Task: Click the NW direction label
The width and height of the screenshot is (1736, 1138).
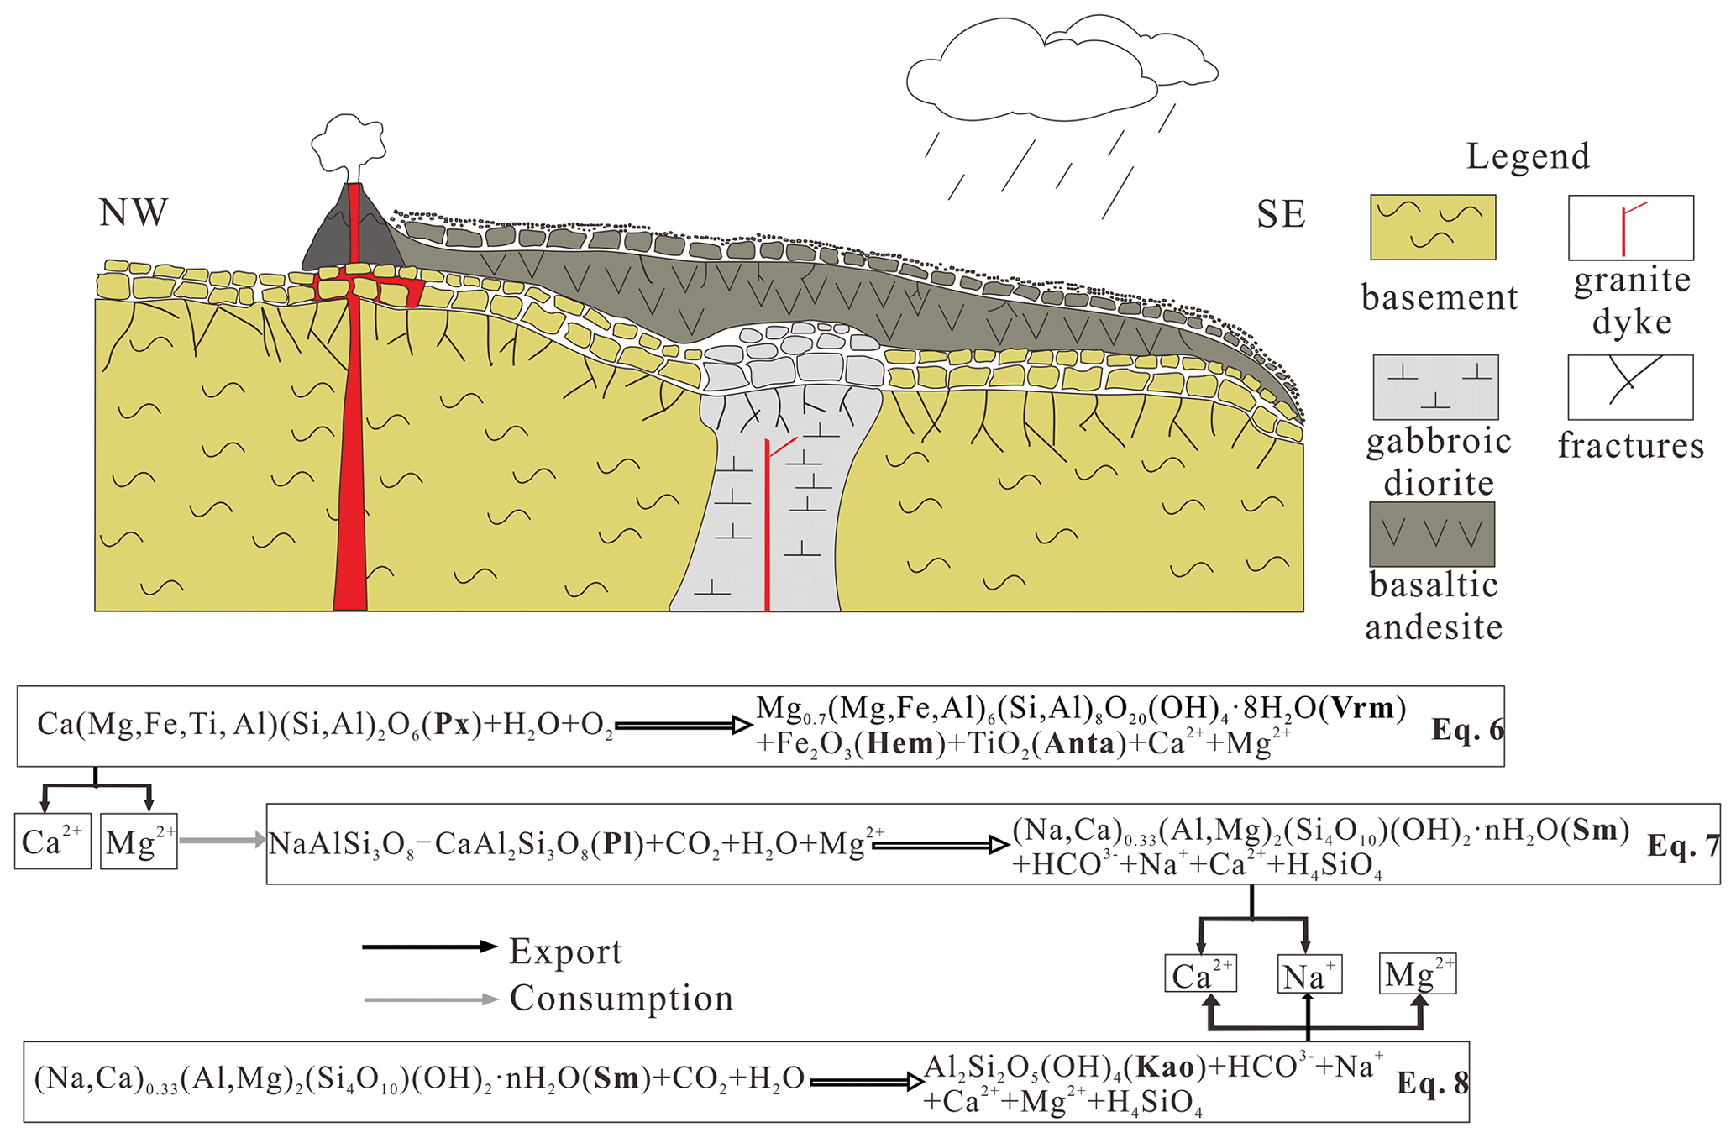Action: (134, 212)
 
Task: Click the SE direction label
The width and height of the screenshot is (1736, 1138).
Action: (1281, 214)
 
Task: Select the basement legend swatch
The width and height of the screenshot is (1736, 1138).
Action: (1433, 227)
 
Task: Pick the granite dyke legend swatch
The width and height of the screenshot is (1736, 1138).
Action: (1630, 228)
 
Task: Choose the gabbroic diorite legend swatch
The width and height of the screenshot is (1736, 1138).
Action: (1435, 386)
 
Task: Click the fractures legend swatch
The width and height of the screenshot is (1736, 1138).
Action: (1630, 386)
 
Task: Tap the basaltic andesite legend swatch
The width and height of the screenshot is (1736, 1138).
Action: (1432, 534)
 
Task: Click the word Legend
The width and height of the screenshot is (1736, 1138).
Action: (1528, 156)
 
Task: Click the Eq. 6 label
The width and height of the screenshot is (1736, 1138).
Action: (1466, 729)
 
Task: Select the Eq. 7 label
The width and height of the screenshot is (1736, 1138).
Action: (1683, 845)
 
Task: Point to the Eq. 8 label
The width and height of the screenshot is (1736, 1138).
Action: (1433, 1083)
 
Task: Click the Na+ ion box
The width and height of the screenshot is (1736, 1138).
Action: (1309, 975)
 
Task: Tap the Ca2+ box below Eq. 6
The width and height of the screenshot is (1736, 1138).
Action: (52, 841)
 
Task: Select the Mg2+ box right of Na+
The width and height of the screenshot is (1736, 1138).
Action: (1418, 974)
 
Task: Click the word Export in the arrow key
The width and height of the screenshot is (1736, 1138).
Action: (565, 951)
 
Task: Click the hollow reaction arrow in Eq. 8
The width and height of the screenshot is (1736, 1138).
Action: (866, 1082)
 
